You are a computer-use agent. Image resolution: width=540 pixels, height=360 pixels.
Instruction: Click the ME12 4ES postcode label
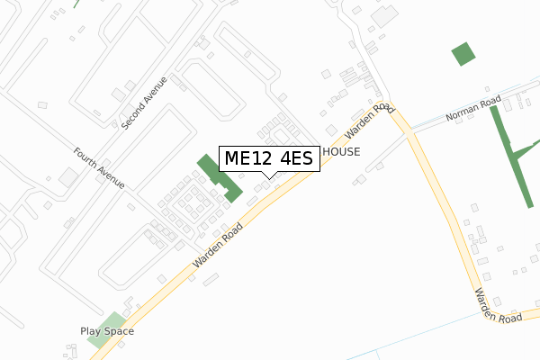tap(269, 159)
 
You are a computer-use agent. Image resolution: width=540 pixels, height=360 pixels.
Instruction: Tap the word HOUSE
tap(341, 152)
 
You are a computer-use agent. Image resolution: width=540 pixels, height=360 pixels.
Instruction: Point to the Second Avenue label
tap(145, 102)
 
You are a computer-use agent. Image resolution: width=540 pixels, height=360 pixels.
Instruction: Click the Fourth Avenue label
tap(99, 167)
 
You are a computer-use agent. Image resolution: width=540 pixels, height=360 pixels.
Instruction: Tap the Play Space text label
tap(107, 331)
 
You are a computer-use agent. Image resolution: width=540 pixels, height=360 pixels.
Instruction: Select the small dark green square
tap(463, 54)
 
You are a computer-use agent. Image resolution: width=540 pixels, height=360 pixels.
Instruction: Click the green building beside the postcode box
tap(220, 177)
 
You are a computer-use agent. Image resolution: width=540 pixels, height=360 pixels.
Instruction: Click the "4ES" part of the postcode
tap(294, 159)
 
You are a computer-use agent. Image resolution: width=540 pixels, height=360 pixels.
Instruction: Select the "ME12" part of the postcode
tap(245, 159)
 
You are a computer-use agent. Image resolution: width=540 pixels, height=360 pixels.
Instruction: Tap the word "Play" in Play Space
tap(93, 331)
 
